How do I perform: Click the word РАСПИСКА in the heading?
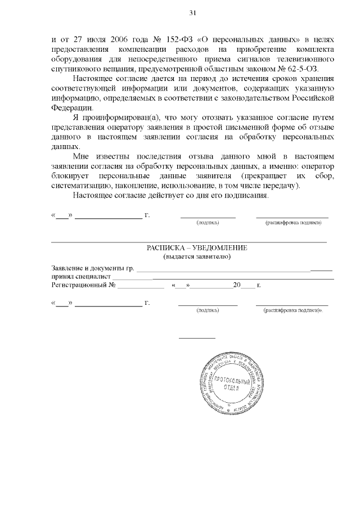click(x=166, y=248)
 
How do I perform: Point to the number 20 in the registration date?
click(x=236, y=286)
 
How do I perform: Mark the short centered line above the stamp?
click(x=197, y=338)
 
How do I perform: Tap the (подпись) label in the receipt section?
click(x=207, y=310)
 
